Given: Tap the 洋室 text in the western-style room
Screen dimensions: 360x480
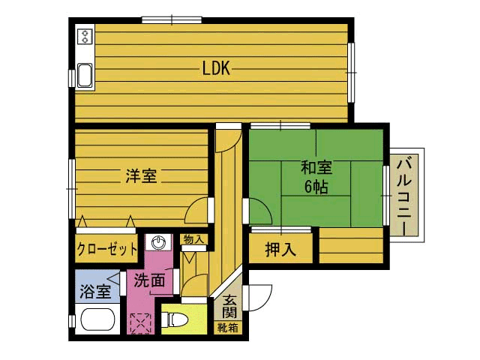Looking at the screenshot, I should point(140,176).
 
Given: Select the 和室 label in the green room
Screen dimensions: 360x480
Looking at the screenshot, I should point(316,166).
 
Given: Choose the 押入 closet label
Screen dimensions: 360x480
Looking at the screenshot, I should point(280,250).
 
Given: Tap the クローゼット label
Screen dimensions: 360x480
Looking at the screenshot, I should point(106,250).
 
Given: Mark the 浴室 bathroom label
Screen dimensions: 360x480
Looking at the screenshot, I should point(94,291).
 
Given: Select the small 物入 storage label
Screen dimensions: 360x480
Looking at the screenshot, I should point(193,239).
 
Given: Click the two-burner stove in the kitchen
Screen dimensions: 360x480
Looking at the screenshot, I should point(85,37).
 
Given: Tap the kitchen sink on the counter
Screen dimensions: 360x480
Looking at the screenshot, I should point(85,76).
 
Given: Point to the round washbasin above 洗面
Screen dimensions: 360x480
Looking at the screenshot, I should point(158,242).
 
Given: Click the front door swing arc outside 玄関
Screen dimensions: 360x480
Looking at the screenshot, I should point(259,298).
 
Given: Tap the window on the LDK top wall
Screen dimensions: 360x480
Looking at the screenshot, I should point(172,19).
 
